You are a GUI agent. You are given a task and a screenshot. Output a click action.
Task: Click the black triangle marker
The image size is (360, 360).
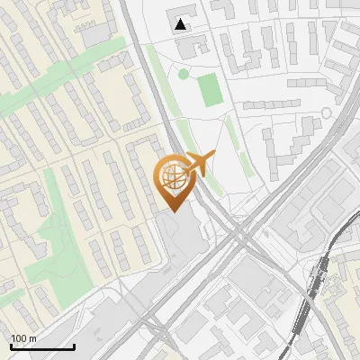point(182,25)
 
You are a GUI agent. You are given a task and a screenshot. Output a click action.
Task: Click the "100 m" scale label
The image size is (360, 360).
point(24,338)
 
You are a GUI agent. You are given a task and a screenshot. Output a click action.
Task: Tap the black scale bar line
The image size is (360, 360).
point(42,346)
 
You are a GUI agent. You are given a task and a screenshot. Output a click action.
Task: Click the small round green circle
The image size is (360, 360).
point(184,75)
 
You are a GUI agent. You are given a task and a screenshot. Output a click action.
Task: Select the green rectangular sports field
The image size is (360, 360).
point(210,89)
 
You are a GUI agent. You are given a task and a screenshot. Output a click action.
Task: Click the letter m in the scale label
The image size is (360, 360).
point(32,338)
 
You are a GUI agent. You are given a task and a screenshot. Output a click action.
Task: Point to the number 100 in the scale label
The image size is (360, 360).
point(19,338)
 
